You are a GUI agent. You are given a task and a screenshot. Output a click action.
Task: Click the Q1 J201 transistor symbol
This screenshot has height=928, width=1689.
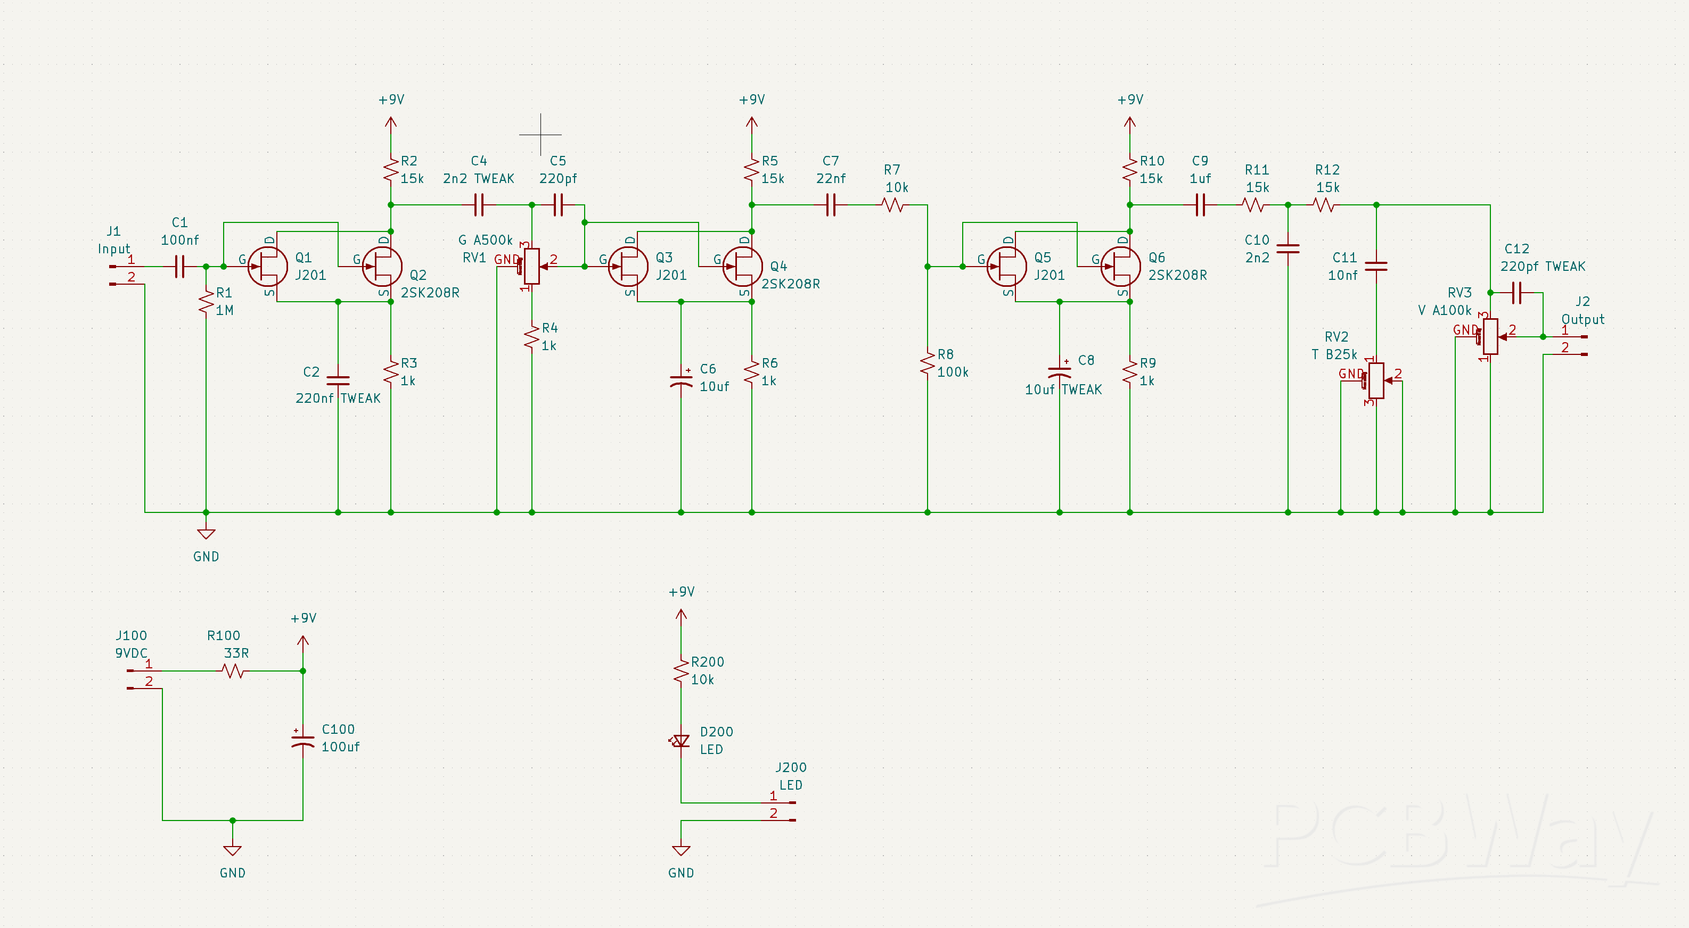pyautogui.click(x=267, y=266)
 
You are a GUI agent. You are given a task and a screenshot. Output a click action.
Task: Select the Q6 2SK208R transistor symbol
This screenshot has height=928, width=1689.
pyautogui.click(x=1120, y=266)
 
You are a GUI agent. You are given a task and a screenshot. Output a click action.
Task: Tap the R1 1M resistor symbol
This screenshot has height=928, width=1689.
pyautogui.click(x=206, y=302)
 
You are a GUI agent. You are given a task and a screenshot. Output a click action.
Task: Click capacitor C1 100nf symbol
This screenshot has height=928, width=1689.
pyautogui.click(x=179, y=266)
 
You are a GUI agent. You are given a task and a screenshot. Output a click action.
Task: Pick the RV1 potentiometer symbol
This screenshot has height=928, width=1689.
pyautogui.click(x=532, y=266)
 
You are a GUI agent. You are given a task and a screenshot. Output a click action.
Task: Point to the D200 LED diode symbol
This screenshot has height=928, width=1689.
pyautogui.click(x=681, y=741)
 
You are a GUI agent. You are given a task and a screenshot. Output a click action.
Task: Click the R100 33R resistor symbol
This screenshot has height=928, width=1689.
pyautogui.click(x=233, y=670)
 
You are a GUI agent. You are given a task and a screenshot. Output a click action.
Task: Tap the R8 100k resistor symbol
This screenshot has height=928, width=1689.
pyautogui.click(x=927, y=363)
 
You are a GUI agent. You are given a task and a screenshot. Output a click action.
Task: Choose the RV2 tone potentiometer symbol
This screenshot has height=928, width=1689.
pyautogui.click(x=1376, y=380)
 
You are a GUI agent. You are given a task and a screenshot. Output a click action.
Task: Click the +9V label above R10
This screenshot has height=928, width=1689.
pyautogui.click(x=1130, y=100)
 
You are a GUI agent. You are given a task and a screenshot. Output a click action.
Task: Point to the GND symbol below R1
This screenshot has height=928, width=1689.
pyautogui.click(x=206, y=534)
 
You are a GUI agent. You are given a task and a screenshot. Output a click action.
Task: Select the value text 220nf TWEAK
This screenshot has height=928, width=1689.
pyautogui.click(x=338, y=398)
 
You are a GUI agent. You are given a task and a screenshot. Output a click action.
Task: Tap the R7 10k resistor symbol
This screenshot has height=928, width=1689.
pyautogui.click(x=893, y=205)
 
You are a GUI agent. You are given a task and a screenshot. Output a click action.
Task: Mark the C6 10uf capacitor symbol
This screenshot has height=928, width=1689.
pyautogui.click(x=681, y=380)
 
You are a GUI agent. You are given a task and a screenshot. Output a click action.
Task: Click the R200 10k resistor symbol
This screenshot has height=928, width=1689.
pyautogui.click(x=681, y=671)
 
